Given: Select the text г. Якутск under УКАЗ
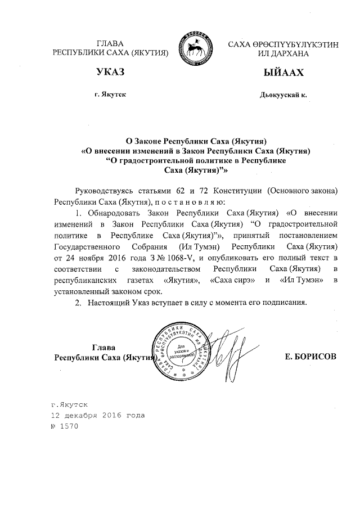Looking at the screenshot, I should (x=110, y=94).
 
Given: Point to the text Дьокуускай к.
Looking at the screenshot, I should (x=283, y=95).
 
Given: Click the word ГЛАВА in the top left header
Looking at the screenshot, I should (x=110, y=43).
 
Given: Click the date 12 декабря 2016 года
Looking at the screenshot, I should (x=98, y=415).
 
